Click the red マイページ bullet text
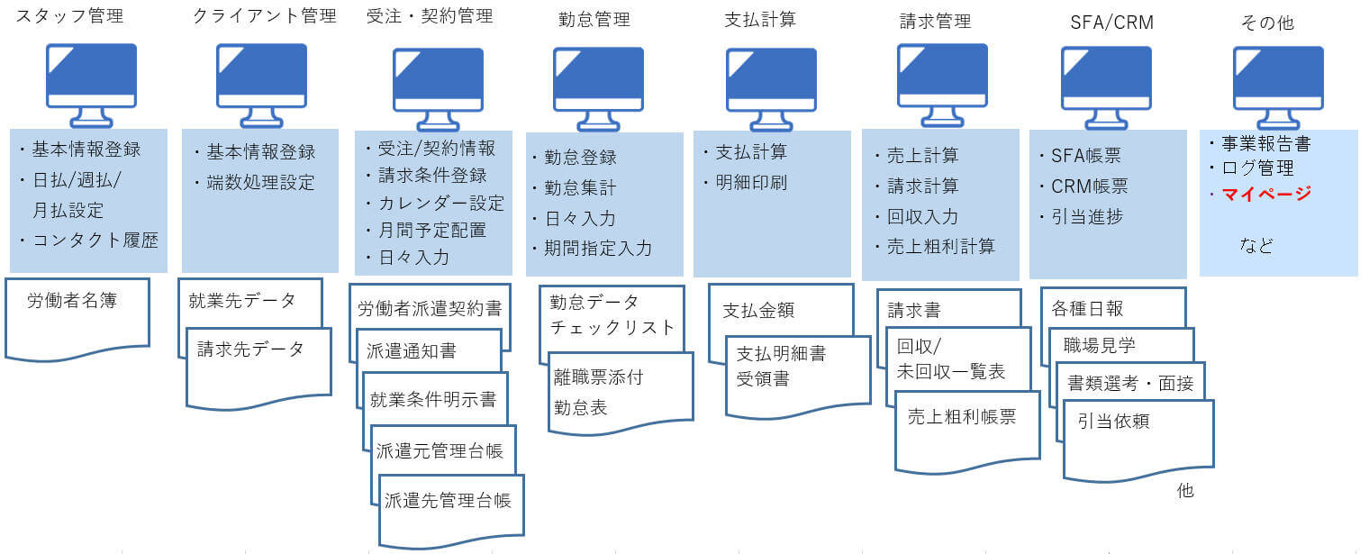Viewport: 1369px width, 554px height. (1266, 194)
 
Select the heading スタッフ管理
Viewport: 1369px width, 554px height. (69, 15)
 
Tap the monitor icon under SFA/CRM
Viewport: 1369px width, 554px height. (1106, 87)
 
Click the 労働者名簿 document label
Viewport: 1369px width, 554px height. (71, 300)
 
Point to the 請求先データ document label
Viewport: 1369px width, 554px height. (250, 350)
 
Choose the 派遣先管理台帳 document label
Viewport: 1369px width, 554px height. (448, 501)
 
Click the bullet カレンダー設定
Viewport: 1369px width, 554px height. (441, 203)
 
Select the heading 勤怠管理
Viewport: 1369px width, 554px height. (594, 19)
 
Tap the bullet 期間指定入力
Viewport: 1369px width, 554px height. (598, 249)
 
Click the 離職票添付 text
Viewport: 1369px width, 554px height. (599, 377)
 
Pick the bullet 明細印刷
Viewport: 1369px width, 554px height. (752, 182)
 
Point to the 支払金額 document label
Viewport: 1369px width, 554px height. (758, 311)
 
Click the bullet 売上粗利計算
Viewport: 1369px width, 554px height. (941, 247)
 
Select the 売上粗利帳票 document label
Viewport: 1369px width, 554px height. (962, 417)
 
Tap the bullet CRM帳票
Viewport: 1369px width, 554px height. (1089, 186)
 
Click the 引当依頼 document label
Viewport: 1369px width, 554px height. (1113, 421)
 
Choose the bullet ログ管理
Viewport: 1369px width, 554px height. (1257, 168)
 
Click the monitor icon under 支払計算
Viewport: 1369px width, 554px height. (771, 89)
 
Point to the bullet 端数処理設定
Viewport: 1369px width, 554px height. (261, 182)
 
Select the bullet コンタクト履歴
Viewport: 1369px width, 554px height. (95, 240)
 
